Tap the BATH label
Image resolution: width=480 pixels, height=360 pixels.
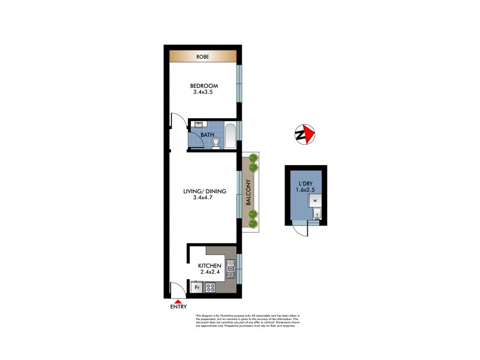pos(207,135)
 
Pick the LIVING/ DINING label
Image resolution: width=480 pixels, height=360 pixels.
pos(205,191)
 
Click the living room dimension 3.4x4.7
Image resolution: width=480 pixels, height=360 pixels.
pos(205,199)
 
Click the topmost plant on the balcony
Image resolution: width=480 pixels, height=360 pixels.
pos(253,158)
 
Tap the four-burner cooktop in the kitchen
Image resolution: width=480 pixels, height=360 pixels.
pos(211,287)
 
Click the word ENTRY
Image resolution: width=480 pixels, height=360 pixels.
pos(178,307)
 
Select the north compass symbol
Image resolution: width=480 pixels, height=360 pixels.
pos(305,134)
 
